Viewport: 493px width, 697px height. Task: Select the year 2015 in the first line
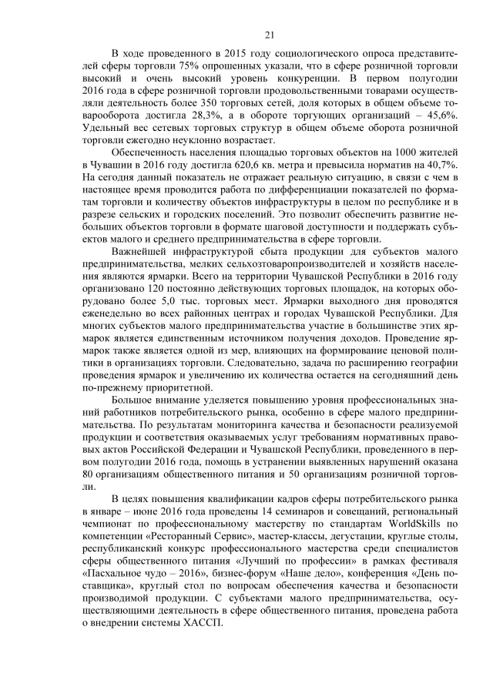(x=222, y=53)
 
